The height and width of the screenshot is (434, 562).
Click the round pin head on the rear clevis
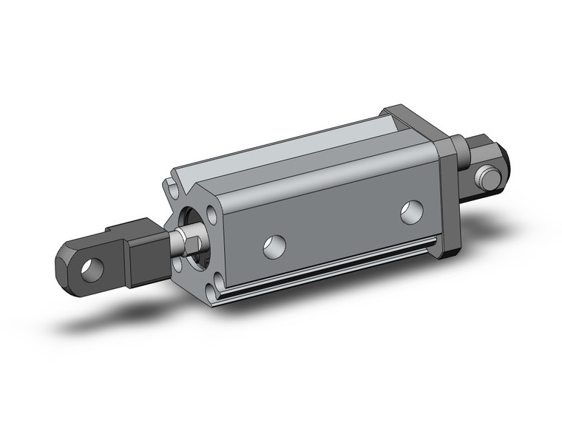487,177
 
